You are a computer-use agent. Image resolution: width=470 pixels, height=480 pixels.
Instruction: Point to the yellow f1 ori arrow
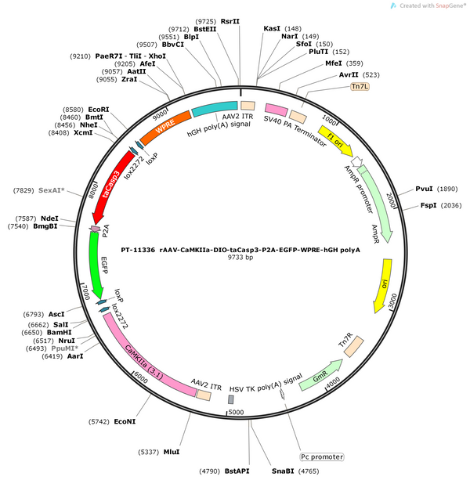coord(335,140)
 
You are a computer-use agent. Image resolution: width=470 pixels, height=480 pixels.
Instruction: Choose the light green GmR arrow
coord(320,376)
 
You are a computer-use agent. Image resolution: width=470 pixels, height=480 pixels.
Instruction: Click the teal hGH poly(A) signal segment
coord(215,108)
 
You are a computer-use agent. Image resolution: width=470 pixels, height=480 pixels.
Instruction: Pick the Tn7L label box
coord(360,87)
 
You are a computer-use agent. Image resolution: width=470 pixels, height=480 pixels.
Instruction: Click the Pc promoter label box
coord(322,457)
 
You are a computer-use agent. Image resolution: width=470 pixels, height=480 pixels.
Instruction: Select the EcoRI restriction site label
coord(98,110)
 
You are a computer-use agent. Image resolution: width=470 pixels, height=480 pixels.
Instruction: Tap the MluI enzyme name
coord(172,452)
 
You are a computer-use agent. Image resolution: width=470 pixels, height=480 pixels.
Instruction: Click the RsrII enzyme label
coord(230,21)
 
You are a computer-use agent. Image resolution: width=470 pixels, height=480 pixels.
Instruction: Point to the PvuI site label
coord(424,189)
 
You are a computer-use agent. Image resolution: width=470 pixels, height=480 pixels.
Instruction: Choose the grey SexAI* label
coord(52,190)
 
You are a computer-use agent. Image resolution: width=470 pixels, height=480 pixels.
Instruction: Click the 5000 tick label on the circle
coord(236,413)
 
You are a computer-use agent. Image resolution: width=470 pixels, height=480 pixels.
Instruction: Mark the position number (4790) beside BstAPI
coord(209,471)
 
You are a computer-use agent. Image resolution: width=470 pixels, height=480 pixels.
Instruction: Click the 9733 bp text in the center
coord(240,257)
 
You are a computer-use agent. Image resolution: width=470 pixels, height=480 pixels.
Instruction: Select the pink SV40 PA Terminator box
coord(277,110)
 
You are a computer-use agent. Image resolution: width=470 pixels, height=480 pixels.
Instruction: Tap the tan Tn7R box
coord(353,347)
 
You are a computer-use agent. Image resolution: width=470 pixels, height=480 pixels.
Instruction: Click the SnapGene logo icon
coord(393,5)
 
